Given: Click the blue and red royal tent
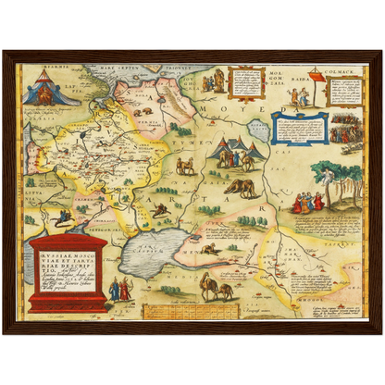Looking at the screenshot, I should (43, 90).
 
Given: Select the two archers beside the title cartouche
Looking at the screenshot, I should (120, 290).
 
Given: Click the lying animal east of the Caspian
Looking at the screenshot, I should (212, 248).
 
